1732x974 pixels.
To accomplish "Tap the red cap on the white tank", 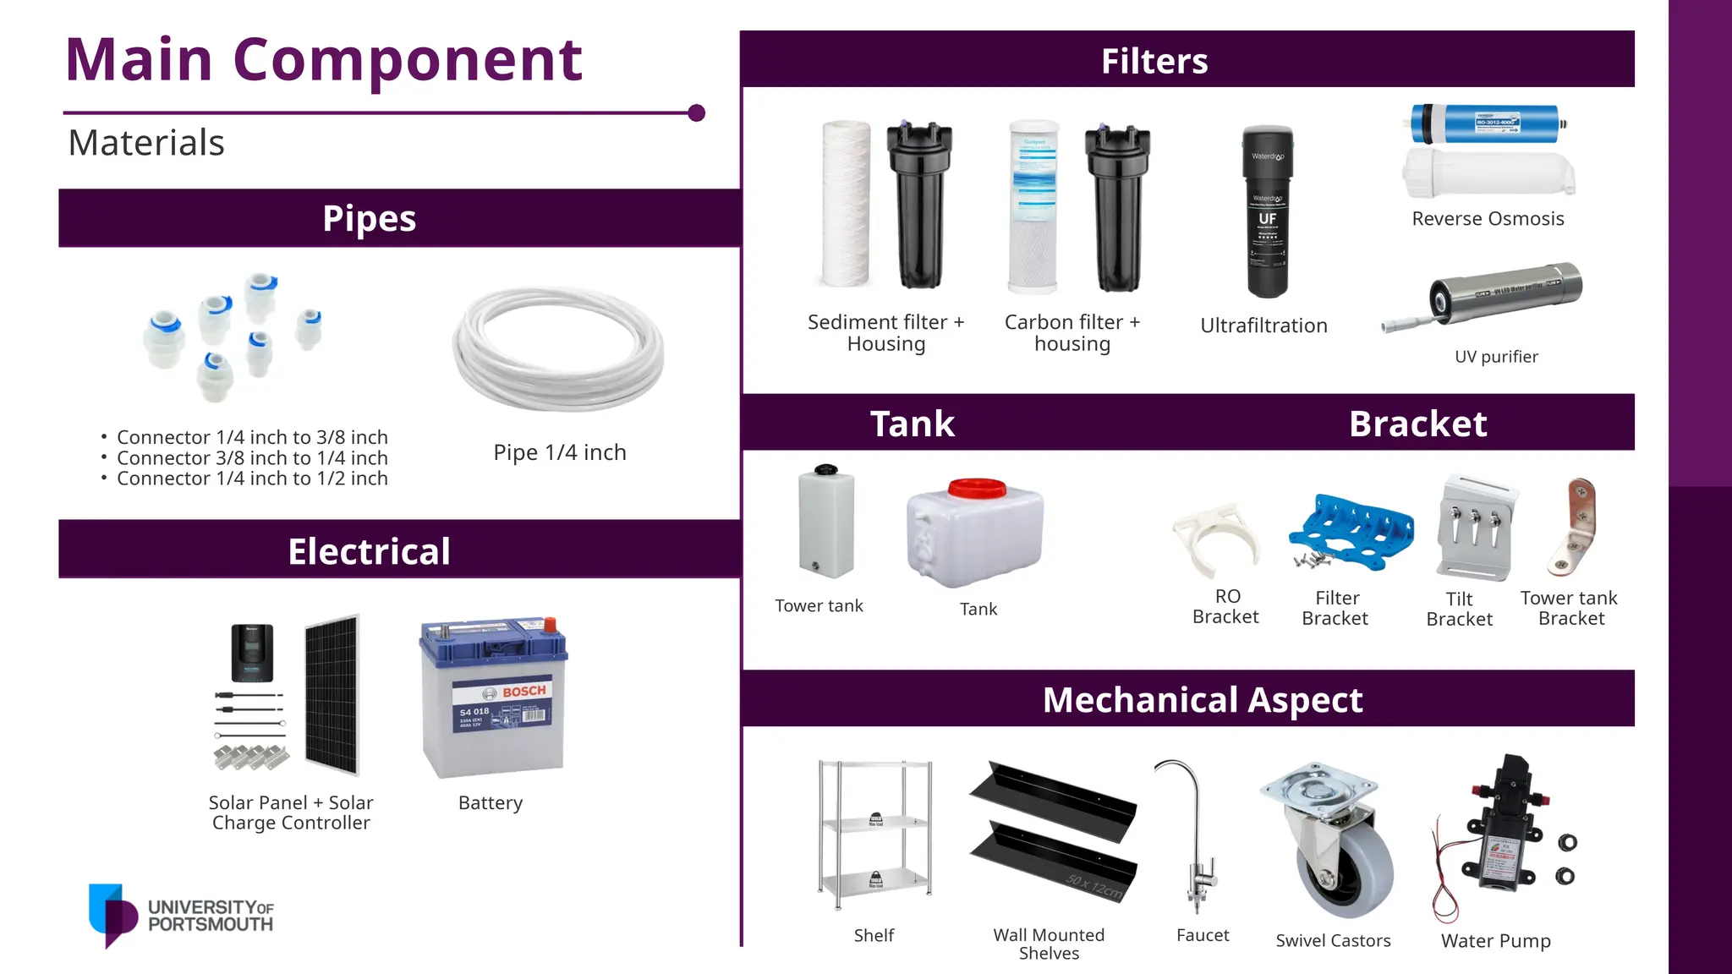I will click(977, 488).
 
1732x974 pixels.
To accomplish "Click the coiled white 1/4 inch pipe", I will click(558, 348).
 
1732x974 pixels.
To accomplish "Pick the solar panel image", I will click(332, 695).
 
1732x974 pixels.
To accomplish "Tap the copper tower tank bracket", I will click(1575, 526).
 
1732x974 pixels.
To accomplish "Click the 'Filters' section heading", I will click(1154, 61).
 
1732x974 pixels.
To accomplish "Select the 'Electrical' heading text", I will click(369, 551).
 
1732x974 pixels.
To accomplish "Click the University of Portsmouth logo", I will click(181, 916).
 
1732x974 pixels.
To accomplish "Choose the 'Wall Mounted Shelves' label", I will click(1049, 944).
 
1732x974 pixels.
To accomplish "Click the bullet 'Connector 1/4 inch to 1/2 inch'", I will click(252, 479).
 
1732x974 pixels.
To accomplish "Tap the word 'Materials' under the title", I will click(146, 143).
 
